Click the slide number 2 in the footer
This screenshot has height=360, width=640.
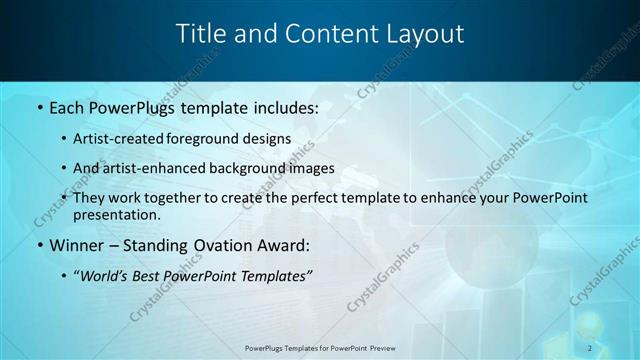[590, 347]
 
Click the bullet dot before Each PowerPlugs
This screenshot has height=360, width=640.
[39, 106]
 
